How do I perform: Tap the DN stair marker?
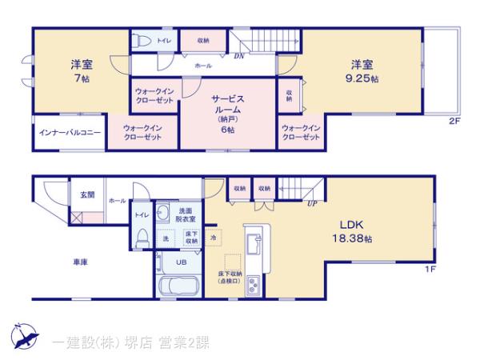(238, 57)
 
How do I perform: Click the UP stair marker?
(310, 204)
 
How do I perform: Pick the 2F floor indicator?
(453, 121)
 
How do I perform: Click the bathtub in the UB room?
(179, 286)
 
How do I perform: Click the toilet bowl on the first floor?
(141, 238)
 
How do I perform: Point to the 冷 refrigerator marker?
(213, 237)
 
